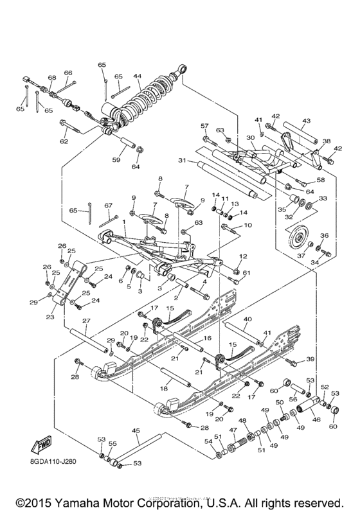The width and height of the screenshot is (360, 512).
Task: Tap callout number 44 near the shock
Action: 137,76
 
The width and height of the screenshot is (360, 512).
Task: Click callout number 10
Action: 249,225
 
